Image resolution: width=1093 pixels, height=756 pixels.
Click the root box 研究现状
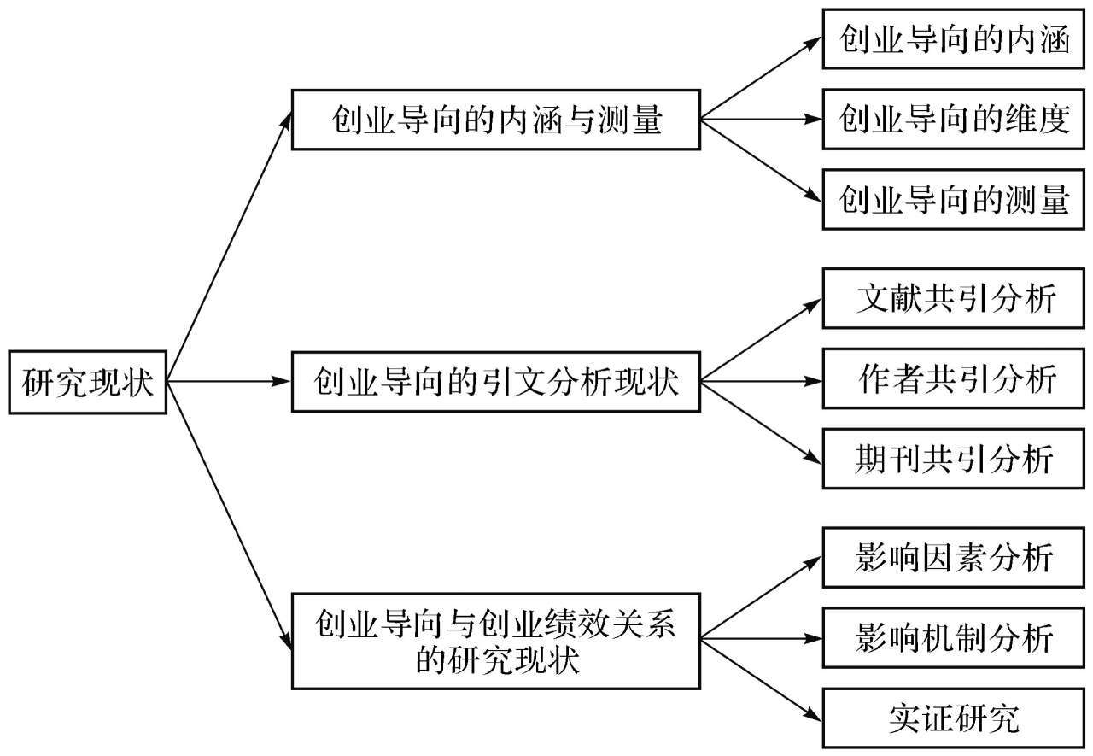click(x=88, y=382)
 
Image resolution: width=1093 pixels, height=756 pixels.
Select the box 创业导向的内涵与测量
click(x=496, y=120)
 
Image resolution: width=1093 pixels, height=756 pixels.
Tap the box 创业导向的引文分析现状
click(x=496, y=382)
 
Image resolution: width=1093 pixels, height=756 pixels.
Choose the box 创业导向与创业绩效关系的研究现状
click(x=496, y=642)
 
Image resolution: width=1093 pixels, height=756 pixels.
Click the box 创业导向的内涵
click(x=954, y=39)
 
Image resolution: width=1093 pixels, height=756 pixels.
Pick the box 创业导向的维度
click(x=954, y=119)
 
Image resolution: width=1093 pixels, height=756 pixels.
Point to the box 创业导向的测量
click(x=954, y=200)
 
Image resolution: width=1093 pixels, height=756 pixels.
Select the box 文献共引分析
click(x=954, y=298)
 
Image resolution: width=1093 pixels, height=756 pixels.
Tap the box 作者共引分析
click(x=954, y=378)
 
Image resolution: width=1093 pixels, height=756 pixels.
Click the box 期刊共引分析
click(x=954, y=459)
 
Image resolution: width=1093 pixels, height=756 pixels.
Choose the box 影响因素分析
click(x=954, y=557)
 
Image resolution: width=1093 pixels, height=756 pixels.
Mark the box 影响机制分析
click(x=954, y=638)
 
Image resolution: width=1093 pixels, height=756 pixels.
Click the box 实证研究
click(x=954, y=718)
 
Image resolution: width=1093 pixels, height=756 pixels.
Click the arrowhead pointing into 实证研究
click(x=813, y=715)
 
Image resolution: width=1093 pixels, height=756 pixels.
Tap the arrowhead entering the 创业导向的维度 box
click(x=814, y=119)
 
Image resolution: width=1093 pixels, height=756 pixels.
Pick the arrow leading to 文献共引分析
click(x=762, y=340)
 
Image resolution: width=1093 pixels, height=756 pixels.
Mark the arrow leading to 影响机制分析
click(x=762, y=638)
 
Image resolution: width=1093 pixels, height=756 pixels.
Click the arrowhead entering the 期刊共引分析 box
click(x=813, y=458)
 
